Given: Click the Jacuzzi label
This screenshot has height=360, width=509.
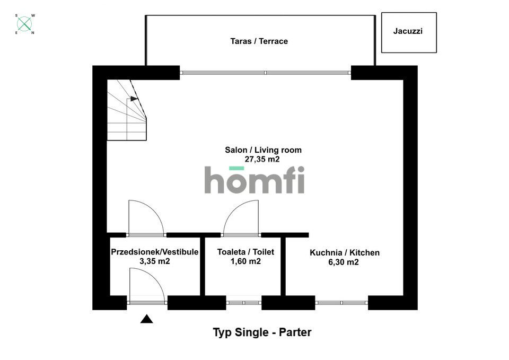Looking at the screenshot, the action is [408, 31].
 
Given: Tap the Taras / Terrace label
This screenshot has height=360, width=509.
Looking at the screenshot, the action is [259, 41].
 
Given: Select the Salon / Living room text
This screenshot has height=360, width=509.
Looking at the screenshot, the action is [264, 150].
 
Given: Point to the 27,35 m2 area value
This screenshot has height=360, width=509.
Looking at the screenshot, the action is [262, 159].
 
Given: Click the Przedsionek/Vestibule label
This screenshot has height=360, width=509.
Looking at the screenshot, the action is [154, 252].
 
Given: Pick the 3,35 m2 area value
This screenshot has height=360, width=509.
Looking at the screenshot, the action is [154, 261].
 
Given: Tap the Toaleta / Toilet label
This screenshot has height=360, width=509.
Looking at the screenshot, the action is [245, 252].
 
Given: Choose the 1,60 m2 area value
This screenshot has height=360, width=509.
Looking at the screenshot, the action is [245, 261].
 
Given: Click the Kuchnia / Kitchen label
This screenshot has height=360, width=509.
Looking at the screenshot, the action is [345, 252].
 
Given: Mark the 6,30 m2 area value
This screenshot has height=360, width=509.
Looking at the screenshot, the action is [344, 262].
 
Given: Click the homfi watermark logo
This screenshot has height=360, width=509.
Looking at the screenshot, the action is [254, 180].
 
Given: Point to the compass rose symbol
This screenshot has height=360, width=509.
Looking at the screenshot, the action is [25, 24].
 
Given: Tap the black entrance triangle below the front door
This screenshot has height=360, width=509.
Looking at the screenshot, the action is [146, 319].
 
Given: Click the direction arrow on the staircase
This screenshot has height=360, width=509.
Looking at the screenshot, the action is [134, 99].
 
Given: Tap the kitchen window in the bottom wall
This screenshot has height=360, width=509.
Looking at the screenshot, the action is [341, 303].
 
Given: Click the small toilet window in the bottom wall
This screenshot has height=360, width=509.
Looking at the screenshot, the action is [244, 303].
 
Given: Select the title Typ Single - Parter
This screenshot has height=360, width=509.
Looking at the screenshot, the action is [262, 332].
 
